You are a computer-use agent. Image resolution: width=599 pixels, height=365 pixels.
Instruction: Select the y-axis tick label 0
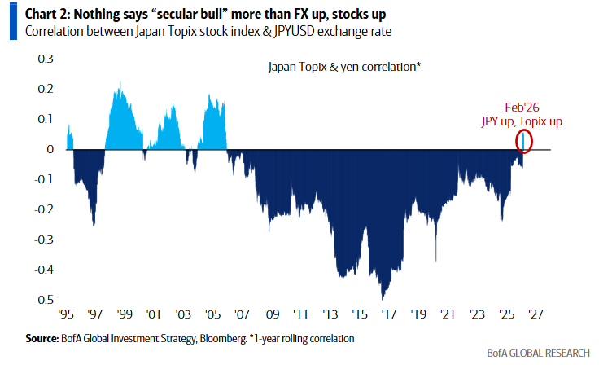(x=50, y=150)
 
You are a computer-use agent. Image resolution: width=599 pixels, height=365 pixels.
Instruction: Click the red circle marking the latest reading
(x=525, y=141)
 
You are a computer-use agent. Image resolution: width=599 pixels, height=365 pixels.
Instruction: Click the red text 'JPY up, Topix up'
(x=522, y=121)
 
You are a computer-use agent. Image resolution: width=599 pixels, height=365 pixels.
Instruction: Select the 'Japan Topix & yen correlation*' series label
(x=344, y=67)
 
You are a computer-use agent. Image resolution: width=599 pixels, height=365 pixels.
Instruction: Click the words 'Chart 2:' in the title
(x=49, y=14)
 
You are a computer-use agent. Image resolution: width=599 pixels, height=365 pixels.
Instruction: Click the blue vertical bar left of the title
(x=12, y=22)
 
